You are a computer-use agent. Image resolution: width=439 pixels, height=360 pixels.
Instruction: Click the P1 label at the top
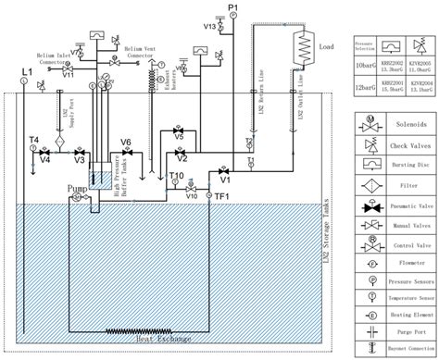(x=233, y=8)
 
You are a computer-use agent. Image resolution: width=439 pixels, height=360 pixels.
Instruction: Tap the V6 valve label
(x=126, y=141)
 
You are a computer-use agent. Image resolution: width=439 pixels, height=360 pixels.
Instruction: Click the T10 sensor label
(x=175, y=176)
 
